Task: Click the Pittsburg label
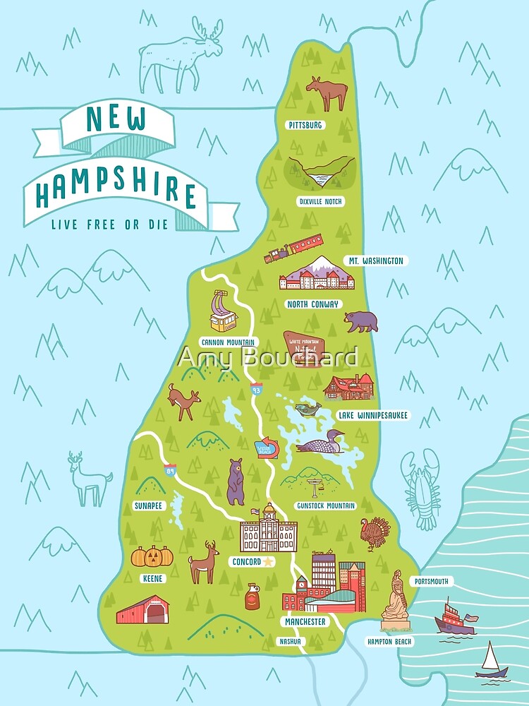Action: [305, 125]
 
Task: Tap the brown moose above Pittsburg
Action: [327, 94]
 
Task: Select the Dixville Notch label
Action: [320, 201]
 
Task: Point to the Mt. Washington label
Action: [375, 261]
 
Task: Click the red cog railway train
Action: [293, 249]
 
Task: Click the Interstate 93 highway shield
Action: [257, 389]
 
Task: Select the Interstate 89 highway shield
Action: [170, 470]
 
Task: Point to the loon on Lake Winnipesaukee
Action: [321, 444]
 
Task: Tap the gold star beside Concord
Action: [267, 562]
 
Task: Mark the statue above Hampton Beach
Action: [394, 601]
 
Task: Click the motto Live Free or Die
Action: [110, 226]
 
